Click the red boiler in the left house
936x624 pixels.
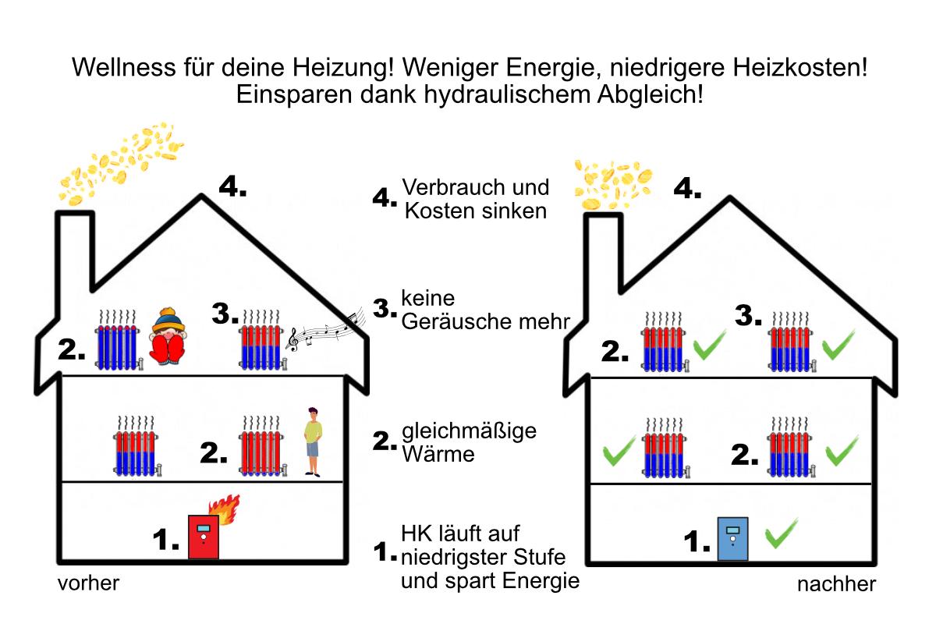(204, 537)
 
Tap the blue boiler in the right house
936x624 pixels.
(732, 540)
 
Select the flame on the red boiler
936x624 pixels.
(229, 509)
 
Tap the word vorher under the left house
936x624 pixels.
(88, 583)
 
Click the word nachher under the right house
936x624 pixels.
(836, 584)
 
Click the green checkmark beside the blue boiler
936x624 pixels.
(779, 536)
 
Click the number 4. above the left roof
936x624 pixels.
(232, 187)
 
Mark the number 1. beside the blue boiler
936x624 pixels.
(697, 541)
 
